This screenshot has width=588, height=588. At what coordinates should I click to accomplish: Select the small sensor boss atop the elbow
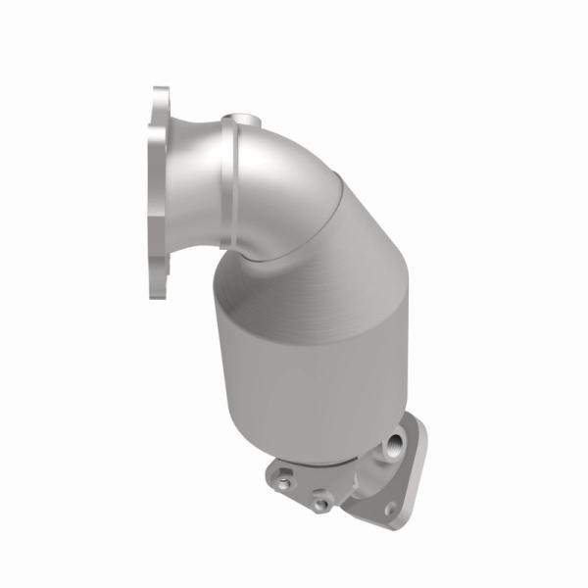click(x=238, y=124)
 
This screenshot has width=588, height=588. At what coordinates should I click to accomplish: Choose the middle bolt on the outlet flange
click(x=320, y=505)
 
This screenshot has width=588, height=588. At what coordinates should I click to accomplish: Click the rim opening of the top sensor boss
click(x=238, y=119)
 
